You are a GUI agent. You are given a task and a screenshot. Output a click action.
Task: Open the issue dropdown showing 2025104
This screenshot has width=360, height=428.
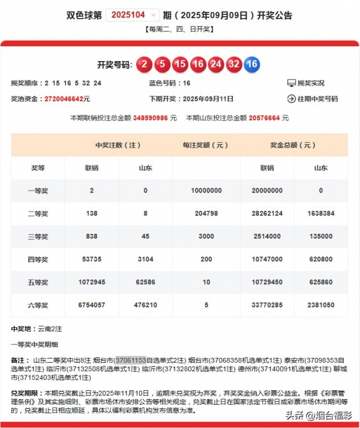(133, 15)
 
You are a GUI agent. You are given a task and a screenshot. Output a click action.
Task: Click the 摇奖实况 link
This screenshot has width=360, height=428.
(310, 83)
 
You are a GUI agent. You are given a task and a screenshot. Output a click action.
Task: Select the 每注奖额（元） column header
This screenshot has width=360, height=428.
(206, 145)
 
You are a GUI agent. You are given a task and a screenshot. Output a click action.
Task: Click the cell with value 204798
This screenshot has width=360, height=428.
(206, 213)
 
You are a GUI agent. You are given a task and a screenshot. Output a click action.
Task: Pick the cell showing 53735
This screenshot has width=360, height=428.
(92, 259)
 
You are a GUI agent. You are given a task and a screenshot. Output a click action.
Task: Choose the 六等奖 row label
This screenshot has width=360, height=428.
(38, 305)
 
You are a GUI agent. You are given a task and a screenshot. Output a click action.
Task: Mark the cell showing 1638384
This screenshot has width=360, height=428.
(320, 213)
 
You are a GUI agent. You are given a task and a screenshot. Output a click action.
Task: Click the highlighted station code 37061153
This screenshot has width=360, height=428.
(131, 360)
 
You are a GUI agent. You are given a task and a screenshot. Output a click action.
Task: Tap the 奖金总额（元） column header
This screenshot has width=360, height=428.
(293, 145)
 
